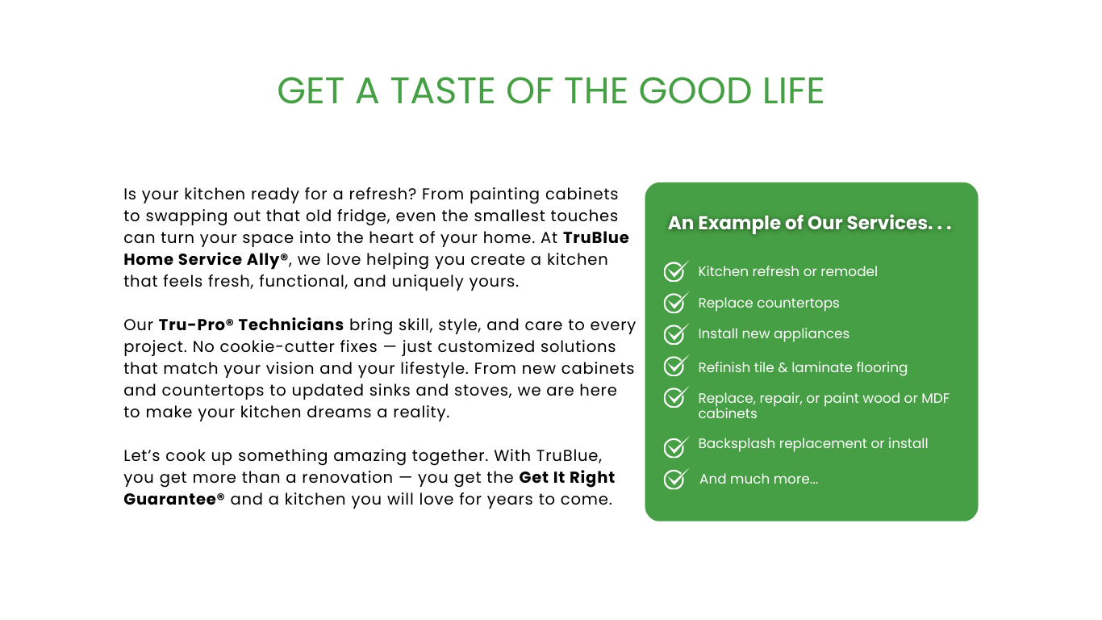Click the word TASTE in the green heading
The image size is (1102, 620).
click(442, 91)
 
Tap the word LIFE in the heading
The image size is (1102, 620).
click(793, 91)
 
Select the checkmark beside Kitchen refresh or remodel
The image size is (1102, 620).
click(675, 271)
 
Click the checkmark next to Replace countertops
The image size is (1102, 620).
click(675, 303)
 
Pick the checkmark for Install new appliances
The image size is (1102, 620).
click(675, 334)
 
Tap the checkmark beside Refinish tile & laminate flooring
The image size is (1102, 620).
click(675, 366)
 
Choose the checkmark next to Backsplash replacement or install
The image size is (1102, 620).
click(675, 446)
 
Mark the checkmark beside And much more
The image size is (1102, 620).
click(675, 478)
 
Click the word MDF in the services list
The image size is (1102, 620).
click(935, 398)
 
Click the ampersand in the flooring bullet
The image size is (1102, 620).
click(783, 367)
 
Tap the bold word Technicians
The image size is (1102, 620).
click(290, 325)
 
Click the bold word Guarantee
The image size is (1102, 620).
click(169, 499)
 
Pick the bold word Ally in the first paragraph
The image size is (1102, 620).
click(263, 259)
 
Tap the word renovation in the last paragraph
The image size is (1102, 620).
click(348, 477)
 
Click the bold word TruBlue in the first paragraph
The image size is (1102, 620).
click(595, 237)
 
